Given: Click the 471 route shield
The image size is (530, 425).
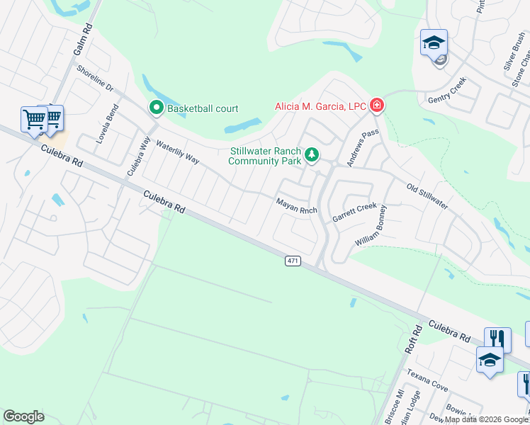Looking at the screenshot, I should click(x=293, y=261).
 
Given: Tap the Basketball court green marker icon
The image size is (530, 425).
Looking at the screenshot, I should click(x=156, y=108).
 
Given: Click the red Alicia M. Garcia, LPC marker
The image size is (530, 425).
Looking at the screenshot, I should click(x=376, y=106).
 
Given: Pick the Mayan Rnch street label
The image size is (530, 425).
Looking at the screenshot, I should click(x=295, y=206).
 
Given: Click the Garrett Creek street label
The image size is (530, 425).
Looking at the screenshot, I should click(x=355, y=211).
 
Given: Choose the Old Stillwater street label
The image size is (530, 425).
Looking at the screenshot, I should click(x=427, y=196).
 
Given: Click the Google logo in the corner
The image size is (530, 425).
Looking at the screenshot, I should click(x=23, y=416).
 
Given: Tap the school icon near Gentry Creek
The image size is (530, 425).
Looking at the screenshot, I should click(x=434, y=43).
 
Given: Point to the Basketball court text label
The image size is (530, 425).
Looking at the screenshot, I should click(x=203, y=108).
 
